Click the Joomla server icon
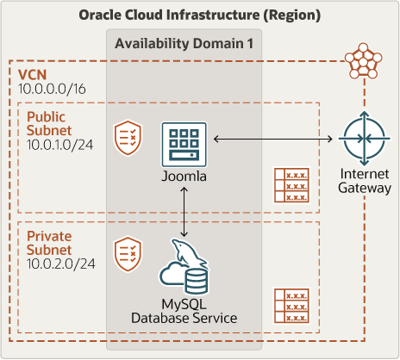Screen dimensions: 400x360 [x=184, y=145]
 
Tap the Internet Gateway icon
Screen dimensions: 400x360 [x=365, y=139]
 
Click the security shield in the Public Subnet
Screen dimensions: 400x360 [x=128, y=138]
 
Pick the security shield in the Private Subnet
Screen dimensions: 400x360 [x=128, y=254]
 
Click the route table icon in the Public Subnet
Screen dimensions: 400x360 [x=291, y=185]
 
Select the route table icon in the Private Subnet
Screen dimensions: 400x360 [x=291, y=306]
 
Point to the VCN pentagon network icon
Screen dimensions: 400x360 [x=364, y=61]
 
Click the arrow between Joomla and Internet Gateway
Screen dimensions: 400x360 [x=273, y=140]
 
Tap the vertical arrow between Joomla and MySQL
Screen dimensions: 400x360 [x=184, y=212]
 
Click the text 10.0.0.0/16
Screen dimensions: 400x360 [x=52, y=89]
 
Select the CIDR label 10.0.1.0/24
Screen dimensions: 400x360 [x=60, y=145]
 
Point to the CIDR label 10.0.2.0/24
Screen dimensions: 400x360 [x=61, y=264]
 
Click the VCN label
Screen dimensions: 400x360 [x=32, y=75]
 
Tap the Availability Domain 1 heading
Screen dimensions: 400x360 [x=184, y=44]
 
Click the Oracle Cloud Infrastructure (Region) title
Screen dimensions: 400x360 [x=200, y=16]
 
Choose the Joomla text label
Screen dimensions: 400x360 [x=184, y=177]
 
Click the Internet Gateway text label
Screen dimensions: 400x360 [x=365, y=181]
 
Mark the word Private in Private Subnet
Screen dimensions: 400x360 [x=49, y=236]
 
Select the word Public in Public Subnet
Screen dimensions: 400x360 [x=46, y=117]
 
